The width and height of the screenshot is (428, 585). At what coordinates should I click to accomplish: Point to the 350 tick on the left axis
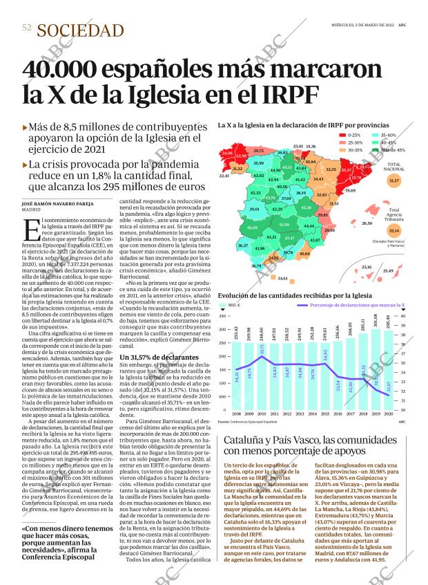pos(223,316)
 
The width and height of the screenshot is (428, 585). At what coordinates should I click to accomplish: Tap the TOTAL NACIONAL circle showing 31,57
pos(394,180)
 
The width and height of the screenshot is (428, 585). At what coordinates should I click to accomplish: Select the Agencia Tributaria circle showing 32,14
pos(394,230)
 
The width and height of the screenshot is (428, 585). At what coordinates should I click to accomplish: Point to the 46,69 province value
pos(252,228)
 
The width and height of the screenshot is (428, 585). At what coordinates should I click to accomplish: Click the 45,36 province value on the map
pos(306,207)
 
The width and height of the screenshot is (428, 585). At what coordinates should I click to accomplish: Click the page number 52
pos(27,28)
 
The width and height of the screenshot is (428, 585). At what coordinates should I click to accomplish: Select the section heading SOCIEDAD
pos(81,30)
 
